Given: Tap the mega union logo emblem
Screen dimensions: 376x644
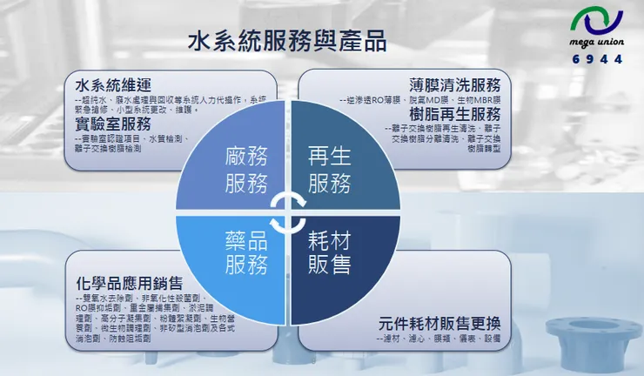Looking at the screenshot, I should coord(598,23).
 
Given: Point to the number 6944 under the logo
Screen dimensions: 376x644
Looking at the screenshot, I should coord(598,59).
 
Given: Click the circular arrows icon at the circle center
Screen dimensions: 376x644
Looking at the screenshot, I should coord(288,211).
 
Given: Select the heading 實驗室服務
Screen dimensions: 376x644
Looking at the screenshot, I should coord(114,124).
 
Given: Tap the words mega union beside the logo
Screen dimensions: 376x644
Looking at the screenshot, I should coord(598,44).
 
